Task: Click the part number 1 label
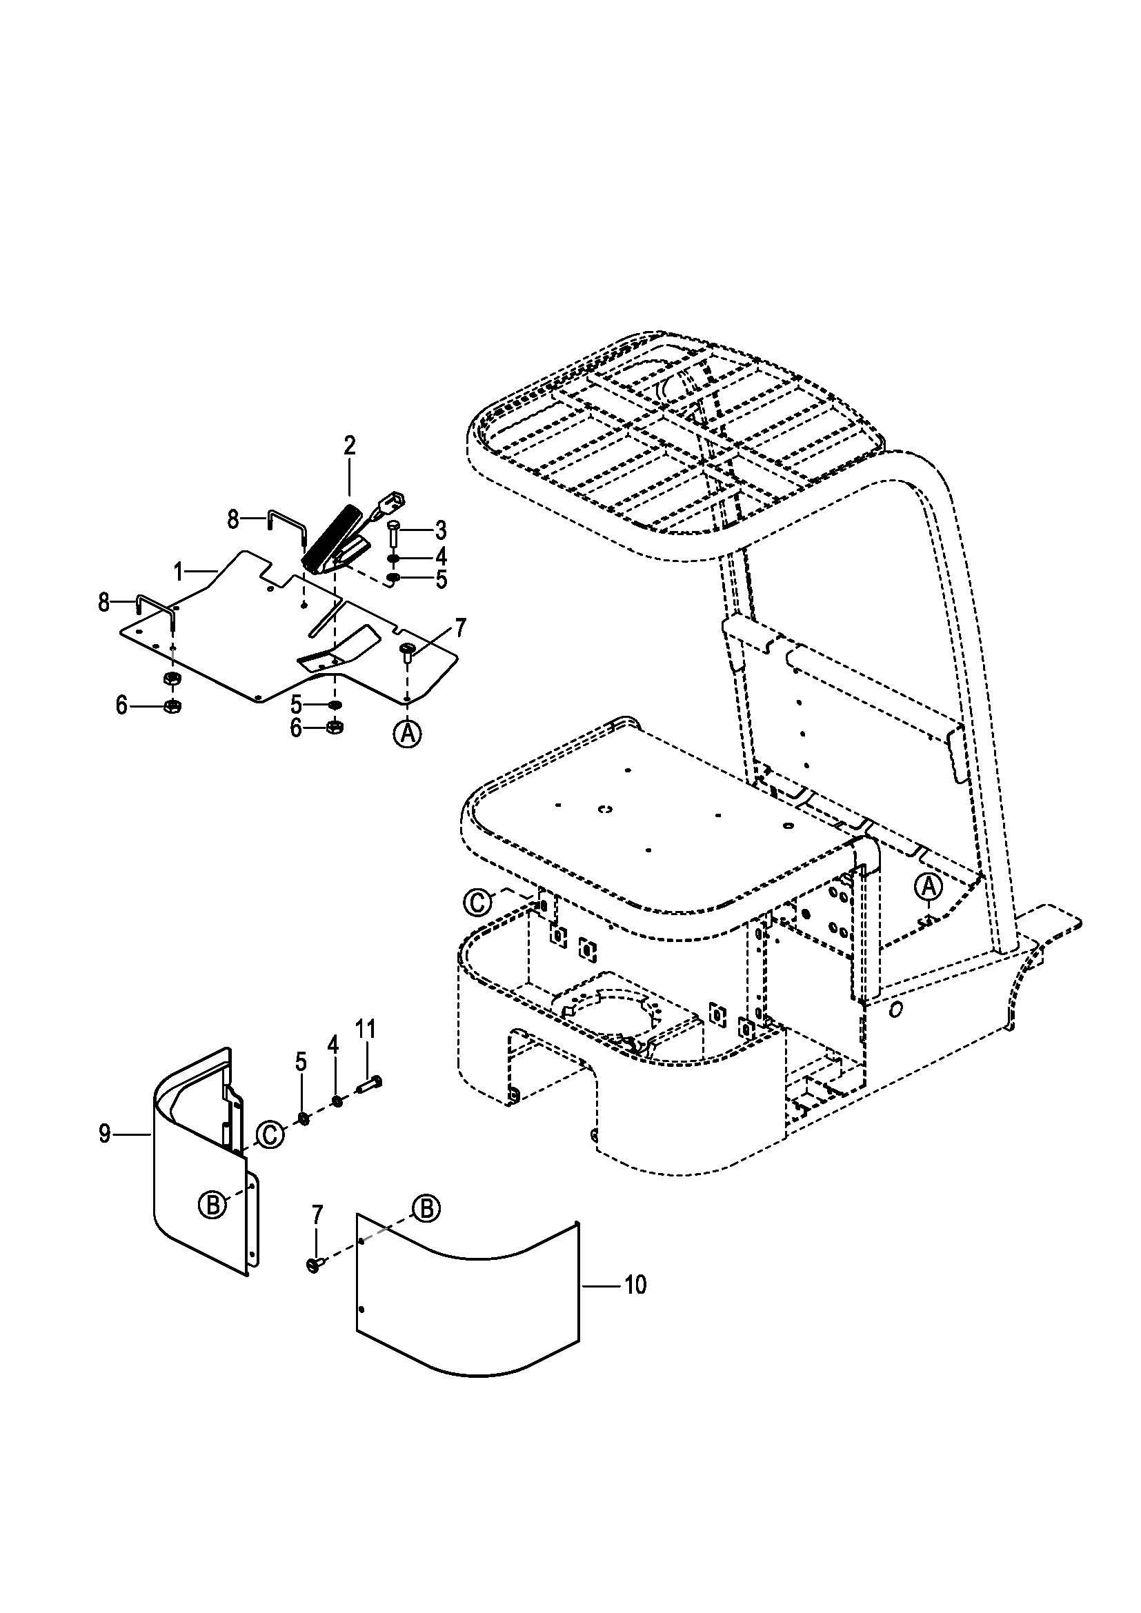179,572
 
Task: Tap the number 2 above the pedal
350,446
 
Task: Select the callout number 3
441,530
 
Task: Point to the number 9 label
104,1134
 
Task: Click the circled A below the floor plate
407,734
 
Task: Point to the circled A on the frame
927,887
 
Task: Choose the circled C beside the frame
478,902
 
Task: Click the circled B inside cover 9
212,1205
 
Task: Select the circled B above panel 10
426,1208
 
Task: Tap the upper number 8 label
233,520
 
